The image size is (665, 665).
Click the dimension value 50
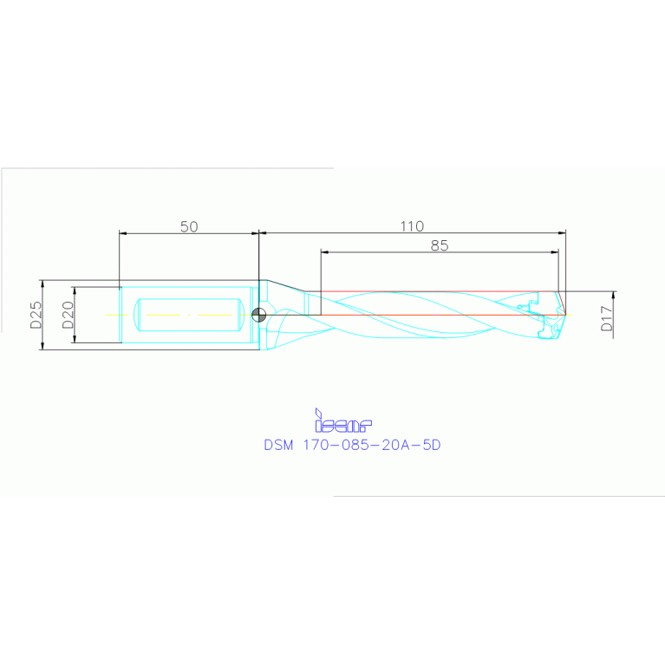point(189,226)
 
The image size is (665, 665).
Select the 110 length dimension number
point(412,226)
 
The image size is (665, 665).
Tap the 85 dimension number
point(440,245)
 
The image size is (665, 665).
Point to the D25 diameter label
point(36,315)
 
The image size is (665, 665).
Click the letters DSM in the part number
point(279,445)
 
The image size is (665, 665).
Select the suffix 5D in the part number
point(431,445)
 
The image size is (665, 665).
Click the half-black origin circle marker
point(258,315)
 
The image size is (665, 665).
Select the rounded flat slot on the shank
point(188,315)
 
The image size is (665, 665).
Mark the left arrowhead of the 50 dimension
point(122,233)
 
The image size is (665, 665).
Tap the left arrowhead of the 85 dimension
point(324,252)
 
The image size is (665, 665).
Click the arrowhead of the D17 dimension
point(613,294)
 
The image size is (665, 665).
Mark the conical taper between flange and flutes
point(283,288)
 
